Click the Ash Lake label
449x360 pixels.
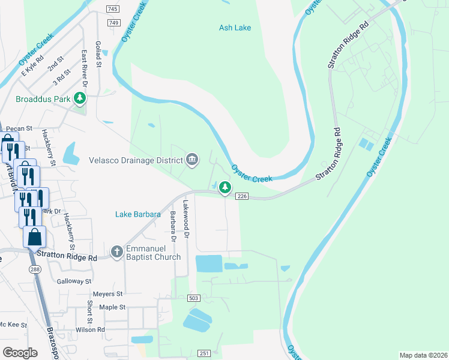[235, 28]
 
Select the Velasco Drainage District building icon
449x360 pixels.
[192, 160]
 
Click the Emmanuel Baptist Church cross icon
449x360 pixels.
[117, 251]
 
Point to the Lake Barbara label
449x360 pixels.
[137, 214]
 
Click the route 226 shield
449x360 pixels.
[242, 196]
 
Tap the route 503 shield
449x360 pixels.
[193, 298]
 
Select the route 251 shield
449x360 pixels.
[204, 353]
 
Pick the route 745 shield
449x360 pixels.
[112, 9]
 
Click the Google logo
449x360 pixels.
[20, 353]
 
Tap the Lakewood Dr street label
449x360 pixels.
[186, 220]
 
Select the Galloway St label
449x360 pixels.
[74, 281]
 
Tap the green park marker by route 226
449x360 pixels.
[225, 188]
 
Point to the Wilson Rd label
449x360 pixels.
[91, 330]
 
